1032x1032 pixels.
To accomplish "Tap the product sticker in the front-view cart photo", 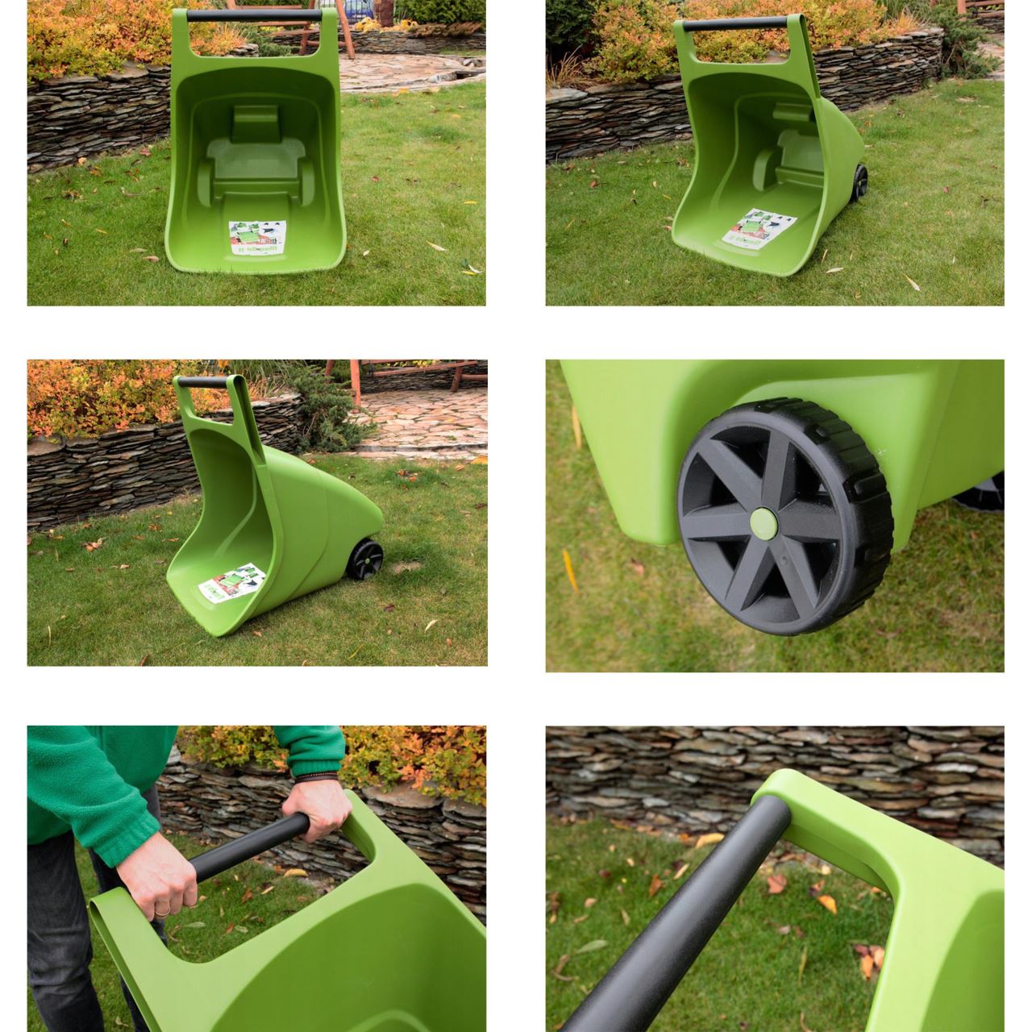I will pyautogui.click(x=258, y=238).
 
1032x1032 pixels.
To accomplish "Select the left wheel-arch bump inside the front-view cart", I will pyautogui.click(x=206, y=181).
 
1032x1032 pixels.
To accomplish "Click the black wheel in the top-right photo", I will pyautogui.click(x=859, y=183).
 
